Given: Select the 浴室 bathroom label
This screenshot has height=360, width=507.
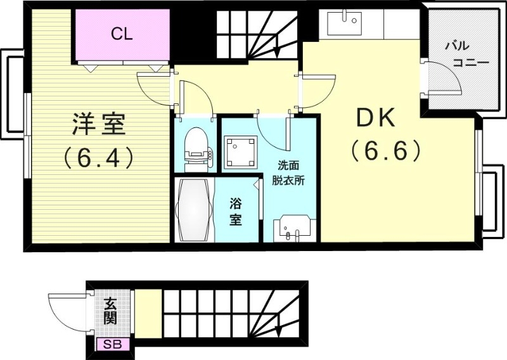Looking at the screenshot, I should point(236,212).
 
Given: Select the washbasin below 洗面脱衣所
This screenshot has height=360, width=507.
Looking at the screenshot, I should point(293,228).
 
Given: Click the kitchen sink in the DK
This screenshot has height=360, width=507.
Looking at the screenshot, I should point(343,25).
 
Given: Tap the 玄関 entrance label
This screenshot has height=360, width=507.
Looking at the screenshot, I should point(110,311).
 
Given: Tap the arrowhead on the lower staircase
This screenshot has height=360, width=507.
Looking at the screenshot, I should point(279,330).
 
